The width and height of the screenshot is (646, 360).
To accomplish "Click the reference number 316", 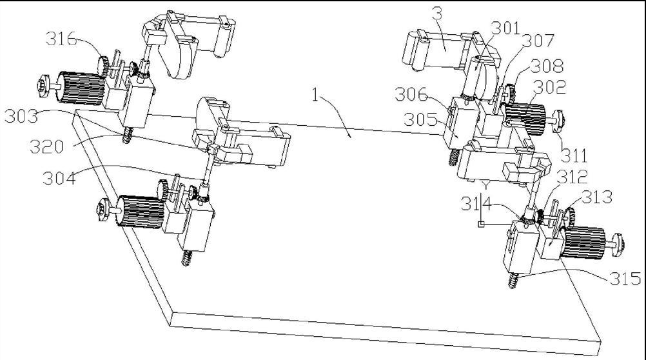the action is (61, 39).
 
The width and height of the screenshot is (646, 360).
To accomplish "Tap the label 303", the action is (21, 116).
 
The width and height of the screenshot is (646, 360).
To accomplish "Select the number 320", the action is (46, 146).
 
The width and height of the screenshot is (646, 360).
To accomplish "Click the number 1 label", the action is (315, 95).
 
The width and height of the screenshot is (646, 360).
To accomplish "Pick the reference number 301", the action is (505, 28).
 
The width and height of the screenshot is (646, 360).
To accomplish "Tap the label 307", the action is (538, 41).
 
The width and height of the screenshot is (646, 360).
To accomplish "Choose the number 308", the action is (547, 66).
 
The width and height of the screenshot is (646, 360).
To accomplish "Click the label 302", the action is (549, 87).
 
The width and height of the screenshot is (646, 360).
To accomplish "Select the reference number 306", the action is (411, 95).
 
